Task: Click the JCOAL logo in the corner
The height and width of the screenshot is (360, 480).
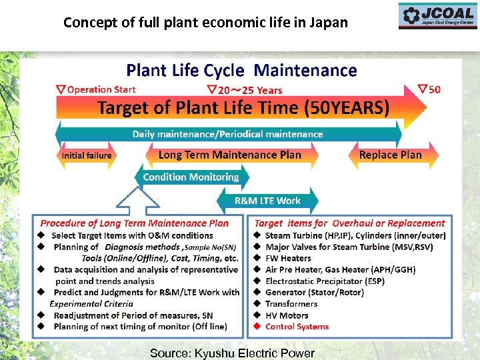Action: pos(438,16)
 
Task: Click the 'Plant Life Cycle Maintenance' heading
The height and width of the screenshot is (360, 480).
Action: pos(241,70)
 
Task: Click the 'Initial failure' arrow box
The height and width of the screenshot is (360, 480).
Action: pos(87,155)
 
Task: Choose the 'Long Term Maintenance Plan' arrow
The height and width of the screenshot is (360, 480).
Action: pos(230,155)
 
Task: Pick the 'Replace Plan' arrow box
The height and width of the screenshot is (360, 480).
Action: pos(390,155)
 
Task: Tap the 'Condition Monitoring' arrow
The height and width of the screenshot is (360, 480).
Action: pos(191,177)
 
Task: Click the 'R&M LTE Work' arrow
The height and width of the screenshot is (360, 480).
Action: pos(267,201)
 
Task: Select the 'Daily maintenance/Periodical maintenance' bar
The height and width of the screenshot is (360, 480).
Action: pos(227,134)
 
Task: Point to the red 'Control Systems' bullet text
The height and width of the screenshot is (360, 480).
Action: pos(297,327)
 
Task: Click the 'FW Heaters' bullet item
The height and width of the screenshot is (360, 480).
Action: pos(288,258)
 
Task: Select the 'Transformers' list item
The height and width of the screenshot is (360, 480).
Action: pos(291,304)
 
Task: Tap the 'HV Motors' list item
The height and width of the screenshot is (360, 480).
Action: pos(287,315)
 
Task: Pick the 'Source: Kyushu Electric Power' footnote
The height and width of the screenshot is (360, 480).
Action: pos(232,353)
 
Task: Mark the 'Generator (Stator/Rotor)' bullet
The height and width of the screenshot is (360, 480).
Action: pos(314,292)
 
